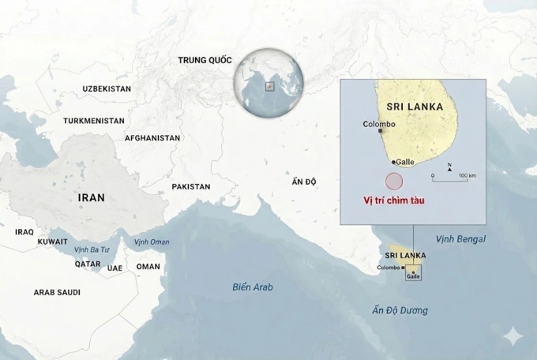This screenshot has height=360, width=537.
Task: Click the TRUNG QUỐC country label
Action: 206,60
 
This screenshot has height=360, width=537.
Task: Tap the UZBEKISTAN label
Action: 107,89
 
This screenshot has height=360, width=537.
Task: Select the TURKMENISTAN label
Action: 94,121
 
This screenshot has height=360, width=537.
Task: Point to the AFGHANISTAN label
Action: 152,137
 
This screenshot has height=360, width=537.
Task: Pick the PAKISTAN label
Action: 191,187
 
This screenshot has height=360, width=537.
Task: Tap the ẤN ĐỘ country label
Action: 304,182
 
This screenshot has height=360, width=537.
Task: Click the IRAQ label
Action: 24,232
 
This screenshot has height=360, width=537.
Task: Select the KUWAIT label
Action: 53,241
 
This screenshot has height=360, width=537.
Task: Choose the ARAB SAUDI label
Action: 57,292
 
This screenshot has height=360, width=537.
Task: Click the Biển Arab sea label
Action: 253,287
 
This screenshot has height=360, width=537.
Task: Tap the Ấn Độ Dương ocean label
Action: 400,310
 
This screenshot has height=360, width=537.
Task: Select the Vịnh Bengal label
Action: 460,238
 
